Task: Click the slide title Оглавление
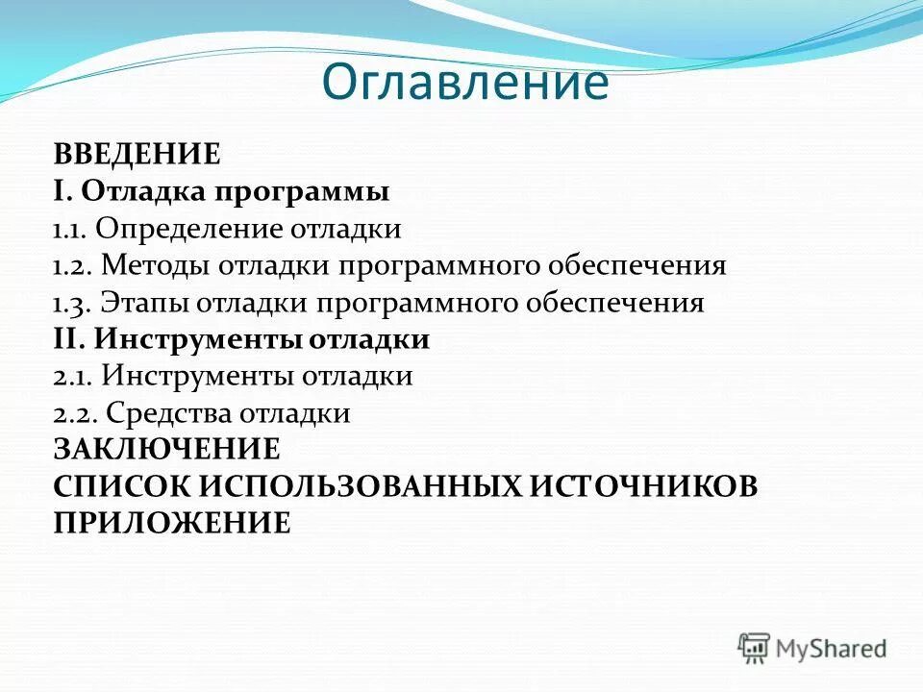click(x=464, y=83)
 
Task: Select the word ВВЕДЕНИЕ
click(x=137, y=154)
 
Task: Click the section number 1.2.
click(x=71, y=266)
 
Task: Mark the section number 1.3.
click(x=71, y=304)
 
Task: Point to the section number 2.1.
click(x=72, y=377)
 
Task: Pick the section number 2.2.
click(x=73, y=414)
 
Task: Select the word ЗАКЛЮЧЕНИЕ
click(x=166, y=450)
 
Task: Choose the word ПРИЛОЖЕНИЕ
click(x=171, y=523)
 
